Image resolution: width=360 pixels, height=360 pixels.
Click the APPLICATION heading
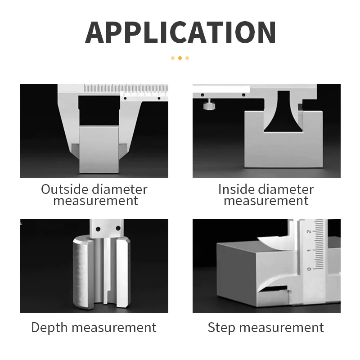coord(180,32)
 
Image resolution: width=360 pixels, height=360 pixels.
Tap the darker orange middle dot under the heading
coord(180,58)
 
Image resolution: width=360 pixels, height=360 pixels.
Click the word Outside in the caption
coord(64,189)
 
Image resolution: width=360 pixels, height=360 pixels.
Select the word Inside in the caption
coord(237,189)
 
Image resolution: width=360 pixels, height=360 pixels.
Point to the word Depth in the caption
coord(49,328)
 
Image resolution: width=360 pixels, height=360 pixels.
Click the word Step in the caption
coord(221,328)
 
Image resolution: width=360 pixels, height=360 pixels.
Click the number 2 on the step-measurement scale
coord(309,231)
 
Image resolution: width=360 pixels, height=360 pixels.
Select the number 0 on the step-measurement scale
coord(309,269)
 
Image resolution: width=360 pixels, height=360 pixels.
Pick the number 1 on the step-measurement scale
coord(309,250)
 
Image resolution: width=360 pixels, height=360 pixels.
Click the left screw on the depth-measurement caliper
coord(98,229)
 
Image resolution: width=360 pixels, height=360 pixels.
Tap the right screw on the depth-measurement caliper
coord(118,228)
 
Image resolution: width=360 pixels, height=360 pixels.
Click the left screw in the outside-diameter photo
coord(125,99)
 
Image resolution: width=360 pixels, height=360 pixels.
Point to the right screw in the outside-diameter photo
coord(159,99)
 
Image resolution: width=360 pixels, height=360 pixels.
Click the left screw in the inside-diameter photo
coord(202,95)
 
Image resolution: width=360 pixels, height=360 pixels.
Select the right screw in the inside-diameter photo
coord(243,95)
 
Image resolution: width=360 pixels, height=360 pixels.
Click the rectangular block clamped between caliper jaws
coord(99,150)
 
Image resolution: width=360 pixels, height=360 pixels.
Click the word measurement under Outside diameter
coord(96,201)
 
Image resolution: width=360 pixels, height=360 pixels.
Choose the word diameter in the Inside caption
coord(287,189)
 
